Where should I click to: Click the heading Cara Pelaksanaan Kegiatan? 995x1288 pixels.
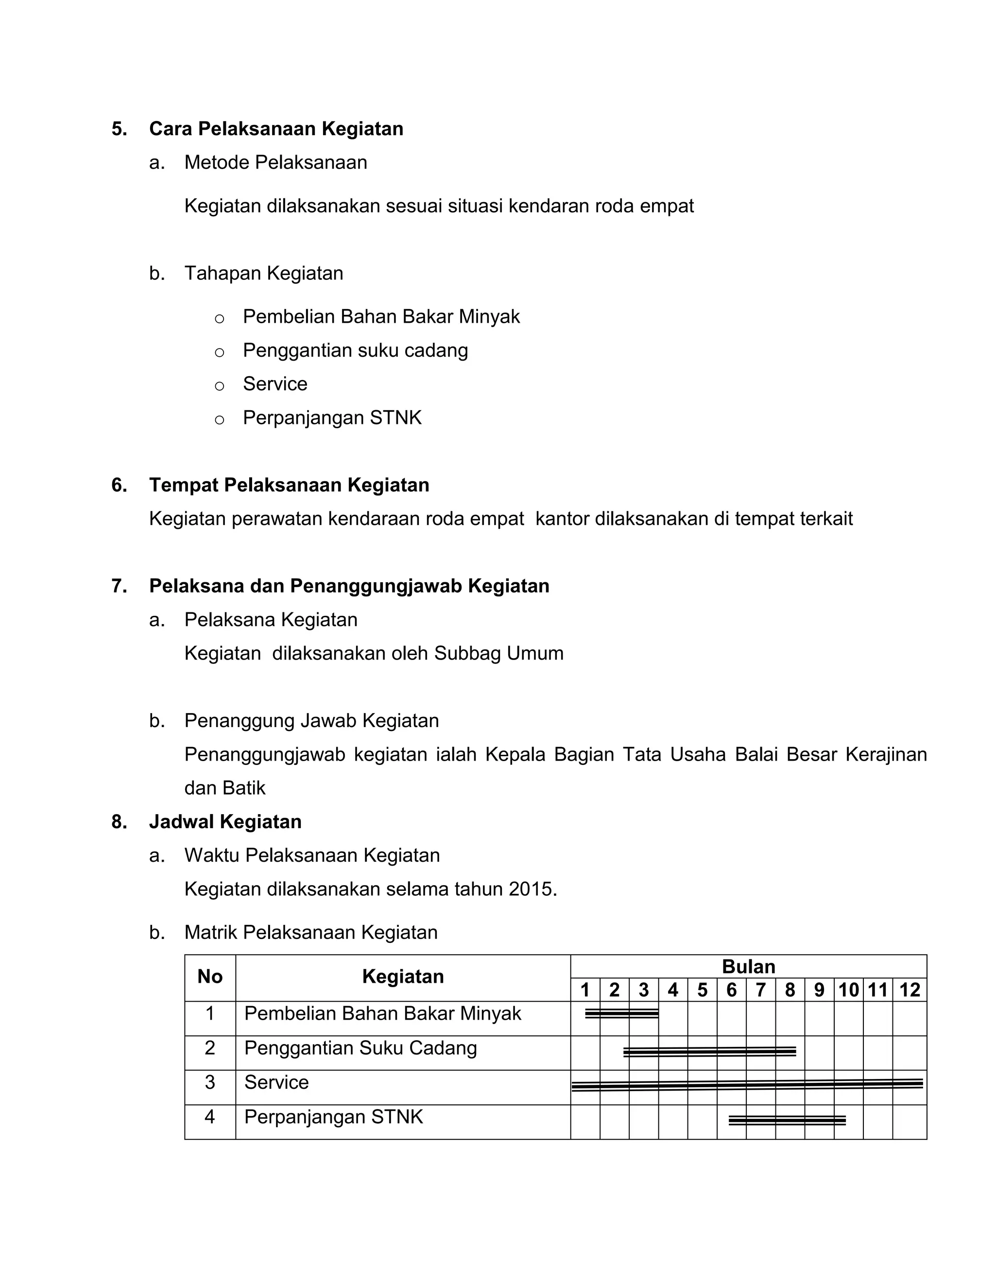tap(276, 129)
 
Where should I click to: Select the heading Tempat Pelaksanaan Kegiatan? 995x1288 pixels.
tap(289, 485)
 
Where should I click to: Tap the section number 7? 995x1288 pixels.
tap(119, 586)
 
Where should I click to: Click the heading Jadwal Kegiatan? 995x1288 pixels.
tap(225, 821)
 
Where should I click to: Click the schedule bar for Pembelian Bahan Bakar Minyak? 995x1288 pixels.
tap(621, 1013)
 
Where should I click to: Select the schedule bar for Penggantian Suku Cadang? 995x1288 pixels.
tap(710, 1051)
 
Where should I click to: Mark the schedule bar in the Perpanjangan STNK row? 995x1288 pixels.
tap(787, 1120)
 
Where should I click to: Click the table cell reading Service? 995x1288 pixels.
tap(276, 1082)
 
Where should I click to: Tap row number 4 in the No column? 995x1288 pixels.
tap(210, 1117)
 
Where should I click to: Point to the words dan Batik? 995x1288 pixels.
tap(224, 788)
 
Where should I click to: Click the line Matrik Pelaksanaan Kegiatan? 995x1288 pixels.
tap(310, 932)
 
